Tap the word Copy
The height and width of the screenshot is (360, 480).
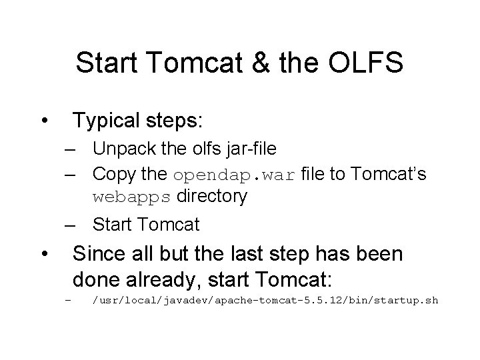click(x=114, y=175)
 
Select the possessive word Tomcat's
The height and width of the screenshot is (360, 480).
click(x=389, y=175)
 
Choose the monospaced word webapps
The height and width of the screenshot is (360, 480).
click(x=133, y=197)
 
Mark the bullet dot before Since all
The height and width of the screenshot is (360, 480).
click(x=43, y=254)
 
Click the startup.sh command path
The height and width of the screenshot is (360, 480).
click(x=265, y=301)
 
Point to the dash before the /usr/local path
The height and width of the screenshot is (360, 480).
click(x=68, y=301)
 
